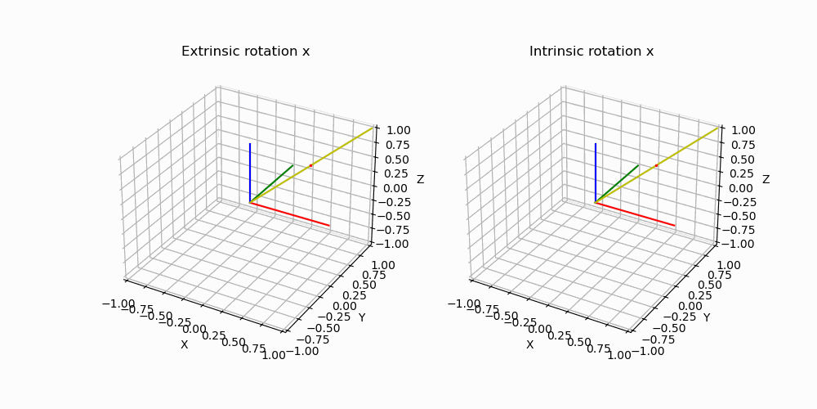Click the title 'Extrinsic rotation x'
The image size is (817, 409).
point(245,52)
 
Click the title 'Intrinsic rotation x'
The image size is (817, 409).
point(591,52)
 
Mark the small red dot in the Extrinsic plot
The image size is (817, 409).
point(310,165)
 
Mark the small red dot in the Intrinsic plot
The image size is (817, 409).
point(656,165)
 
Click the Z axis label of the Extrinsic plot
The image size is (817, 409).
point(420,179)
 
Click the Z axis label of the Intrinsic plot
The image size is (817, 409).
point(766,179)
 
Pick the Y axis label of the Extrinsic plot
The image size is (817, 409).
point(361,317)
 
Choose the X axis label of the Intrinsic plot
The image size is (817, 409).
point(529,344)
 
